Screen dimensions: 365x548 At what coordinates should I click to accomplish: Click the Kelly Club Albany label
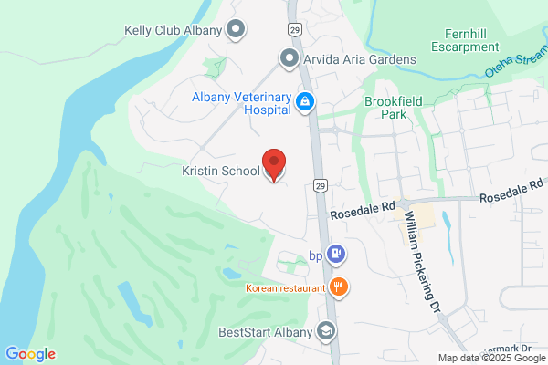click(174, 30)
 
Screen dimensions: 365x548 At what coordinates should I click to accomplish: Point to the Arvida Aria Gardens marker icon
click(290, 59)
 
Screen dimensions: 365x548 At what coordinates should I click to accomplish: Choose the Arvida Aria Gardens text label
click(360, 59)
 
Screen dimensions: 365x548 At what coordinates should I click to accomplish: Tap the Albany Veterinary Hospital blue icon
click(307, 103)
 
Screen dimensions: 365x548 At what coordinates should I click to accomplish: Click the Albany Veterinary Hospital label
click(241, 103)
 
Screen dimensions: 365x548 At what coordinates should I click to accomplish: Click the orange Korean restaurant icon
click(339, 287)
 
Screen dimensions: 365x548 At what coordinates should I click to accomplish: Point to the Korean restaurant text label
click(285, 288)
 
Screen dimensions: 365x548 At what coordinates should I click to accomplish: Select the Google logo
click(30, 354)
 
